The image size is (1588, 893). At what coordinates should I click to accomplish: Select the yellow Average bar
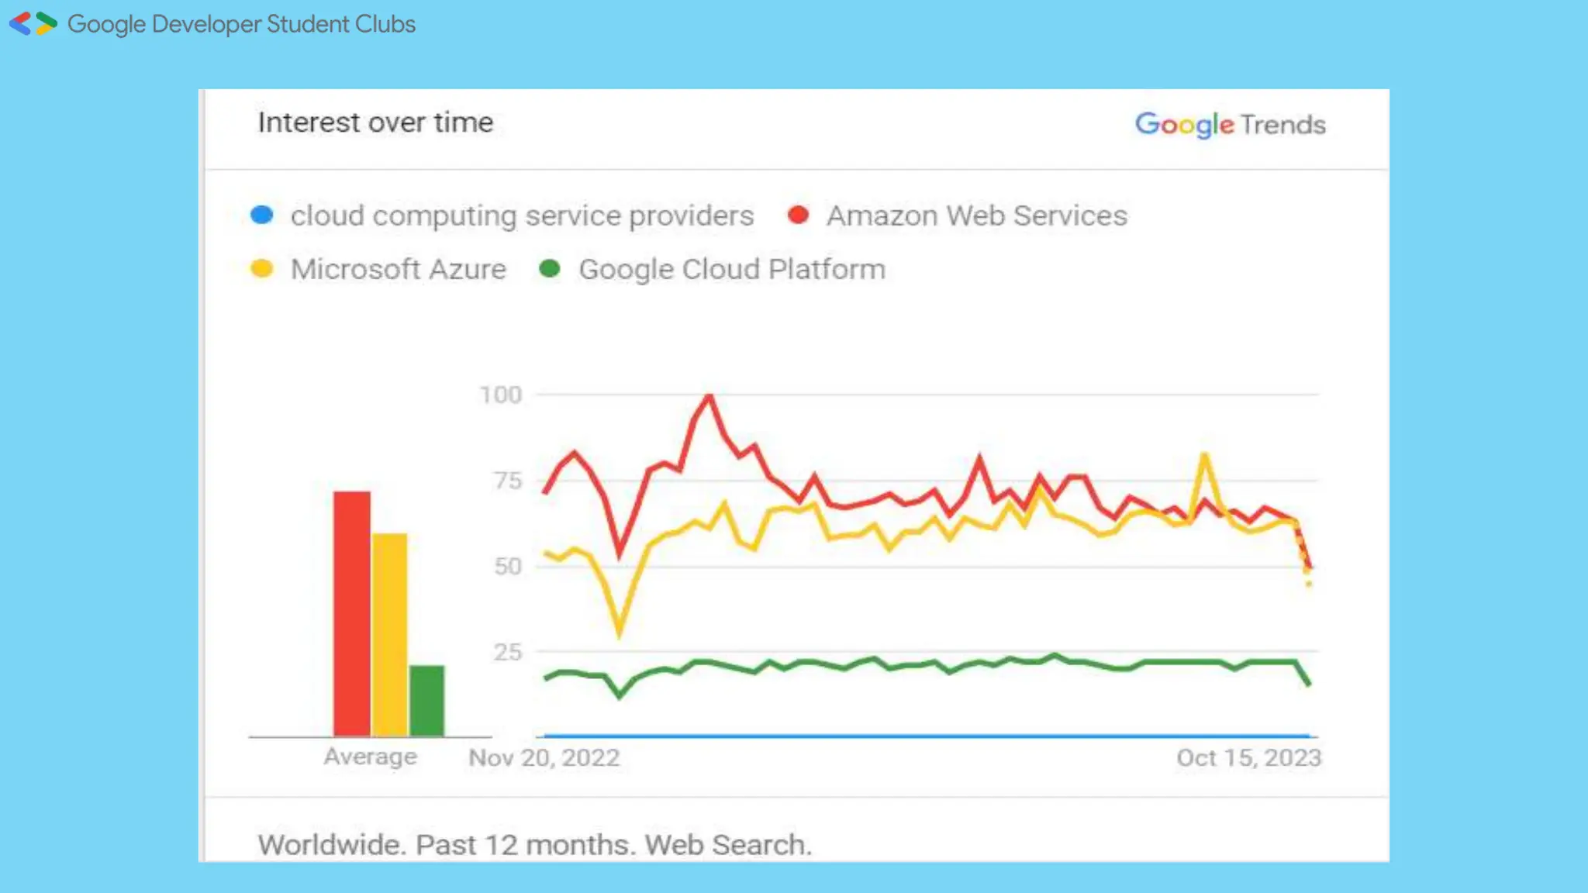tap(389, 634)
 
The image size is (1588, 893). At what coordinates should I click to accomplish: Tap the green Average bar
tap(426, 700)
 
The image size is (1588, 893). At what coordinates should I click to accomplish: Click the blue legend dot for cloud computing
tap(262, 215)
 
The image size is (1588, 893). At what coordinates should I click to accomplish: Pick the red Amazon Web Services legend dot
tap(798, 215)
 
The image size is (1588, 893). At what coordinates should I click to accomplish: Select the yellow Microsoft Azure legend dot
tap(262, 269)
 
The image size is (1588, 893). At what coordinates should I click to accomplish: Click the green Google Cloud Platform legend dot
tap(550, 269)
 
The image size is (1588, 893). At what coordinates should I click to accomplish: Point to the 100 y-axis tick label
tap(500, 395)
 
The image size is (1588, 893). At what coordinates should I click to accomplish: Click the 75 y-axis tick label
tap(508, 481)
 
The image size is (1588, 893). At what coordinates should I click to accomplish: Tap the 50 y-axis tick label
tap(508, 567)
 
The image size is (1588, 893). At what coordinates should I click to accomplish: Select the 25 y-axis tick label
tap(508, 652)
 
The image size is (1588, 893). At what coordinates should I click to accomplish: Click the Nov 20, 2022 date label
tap(544, 757)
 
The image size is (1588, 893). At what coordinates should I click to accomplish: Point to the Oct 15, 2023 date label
tap(1248, 757)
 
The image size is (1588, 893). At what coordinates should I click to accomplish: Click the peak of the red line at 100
tap(709, 396)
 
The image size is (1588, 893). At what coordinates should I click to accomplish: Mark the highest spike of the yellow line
tap(1204, 455)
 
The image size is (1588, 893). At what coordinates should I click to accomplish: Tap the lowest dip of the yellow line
tap(619, 635)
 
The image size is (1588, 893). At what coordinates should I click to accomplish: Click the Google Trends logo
tap(1230, 124)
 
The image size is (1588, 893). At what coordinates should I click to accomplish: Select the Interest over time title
tap(375, 122)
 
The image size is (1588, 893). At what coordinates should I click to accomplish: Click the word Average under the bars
tap(370, 756)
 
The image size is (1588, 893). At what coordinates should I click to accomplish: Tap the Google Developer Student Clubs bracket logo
tap(33, 24)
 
